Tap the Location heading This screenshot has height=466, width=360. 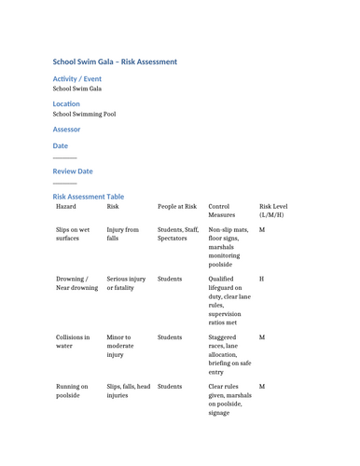point(66,103)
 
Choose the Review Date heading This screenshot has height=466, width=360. point(73,171)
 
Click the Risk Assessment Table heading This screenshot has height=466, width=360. point(88,197)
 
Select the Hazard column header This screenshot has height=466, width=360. point(67,207)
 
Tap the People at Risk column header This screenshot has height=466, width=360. point(177,207)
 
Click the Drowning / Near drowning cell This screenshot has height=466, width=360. point(76,283)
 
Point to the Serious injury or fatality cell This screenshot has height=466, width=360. point(126,283)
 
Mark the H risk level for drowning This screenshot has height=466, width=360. point(261,279)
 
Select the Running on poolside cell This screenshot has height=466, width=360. point(72,391)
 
